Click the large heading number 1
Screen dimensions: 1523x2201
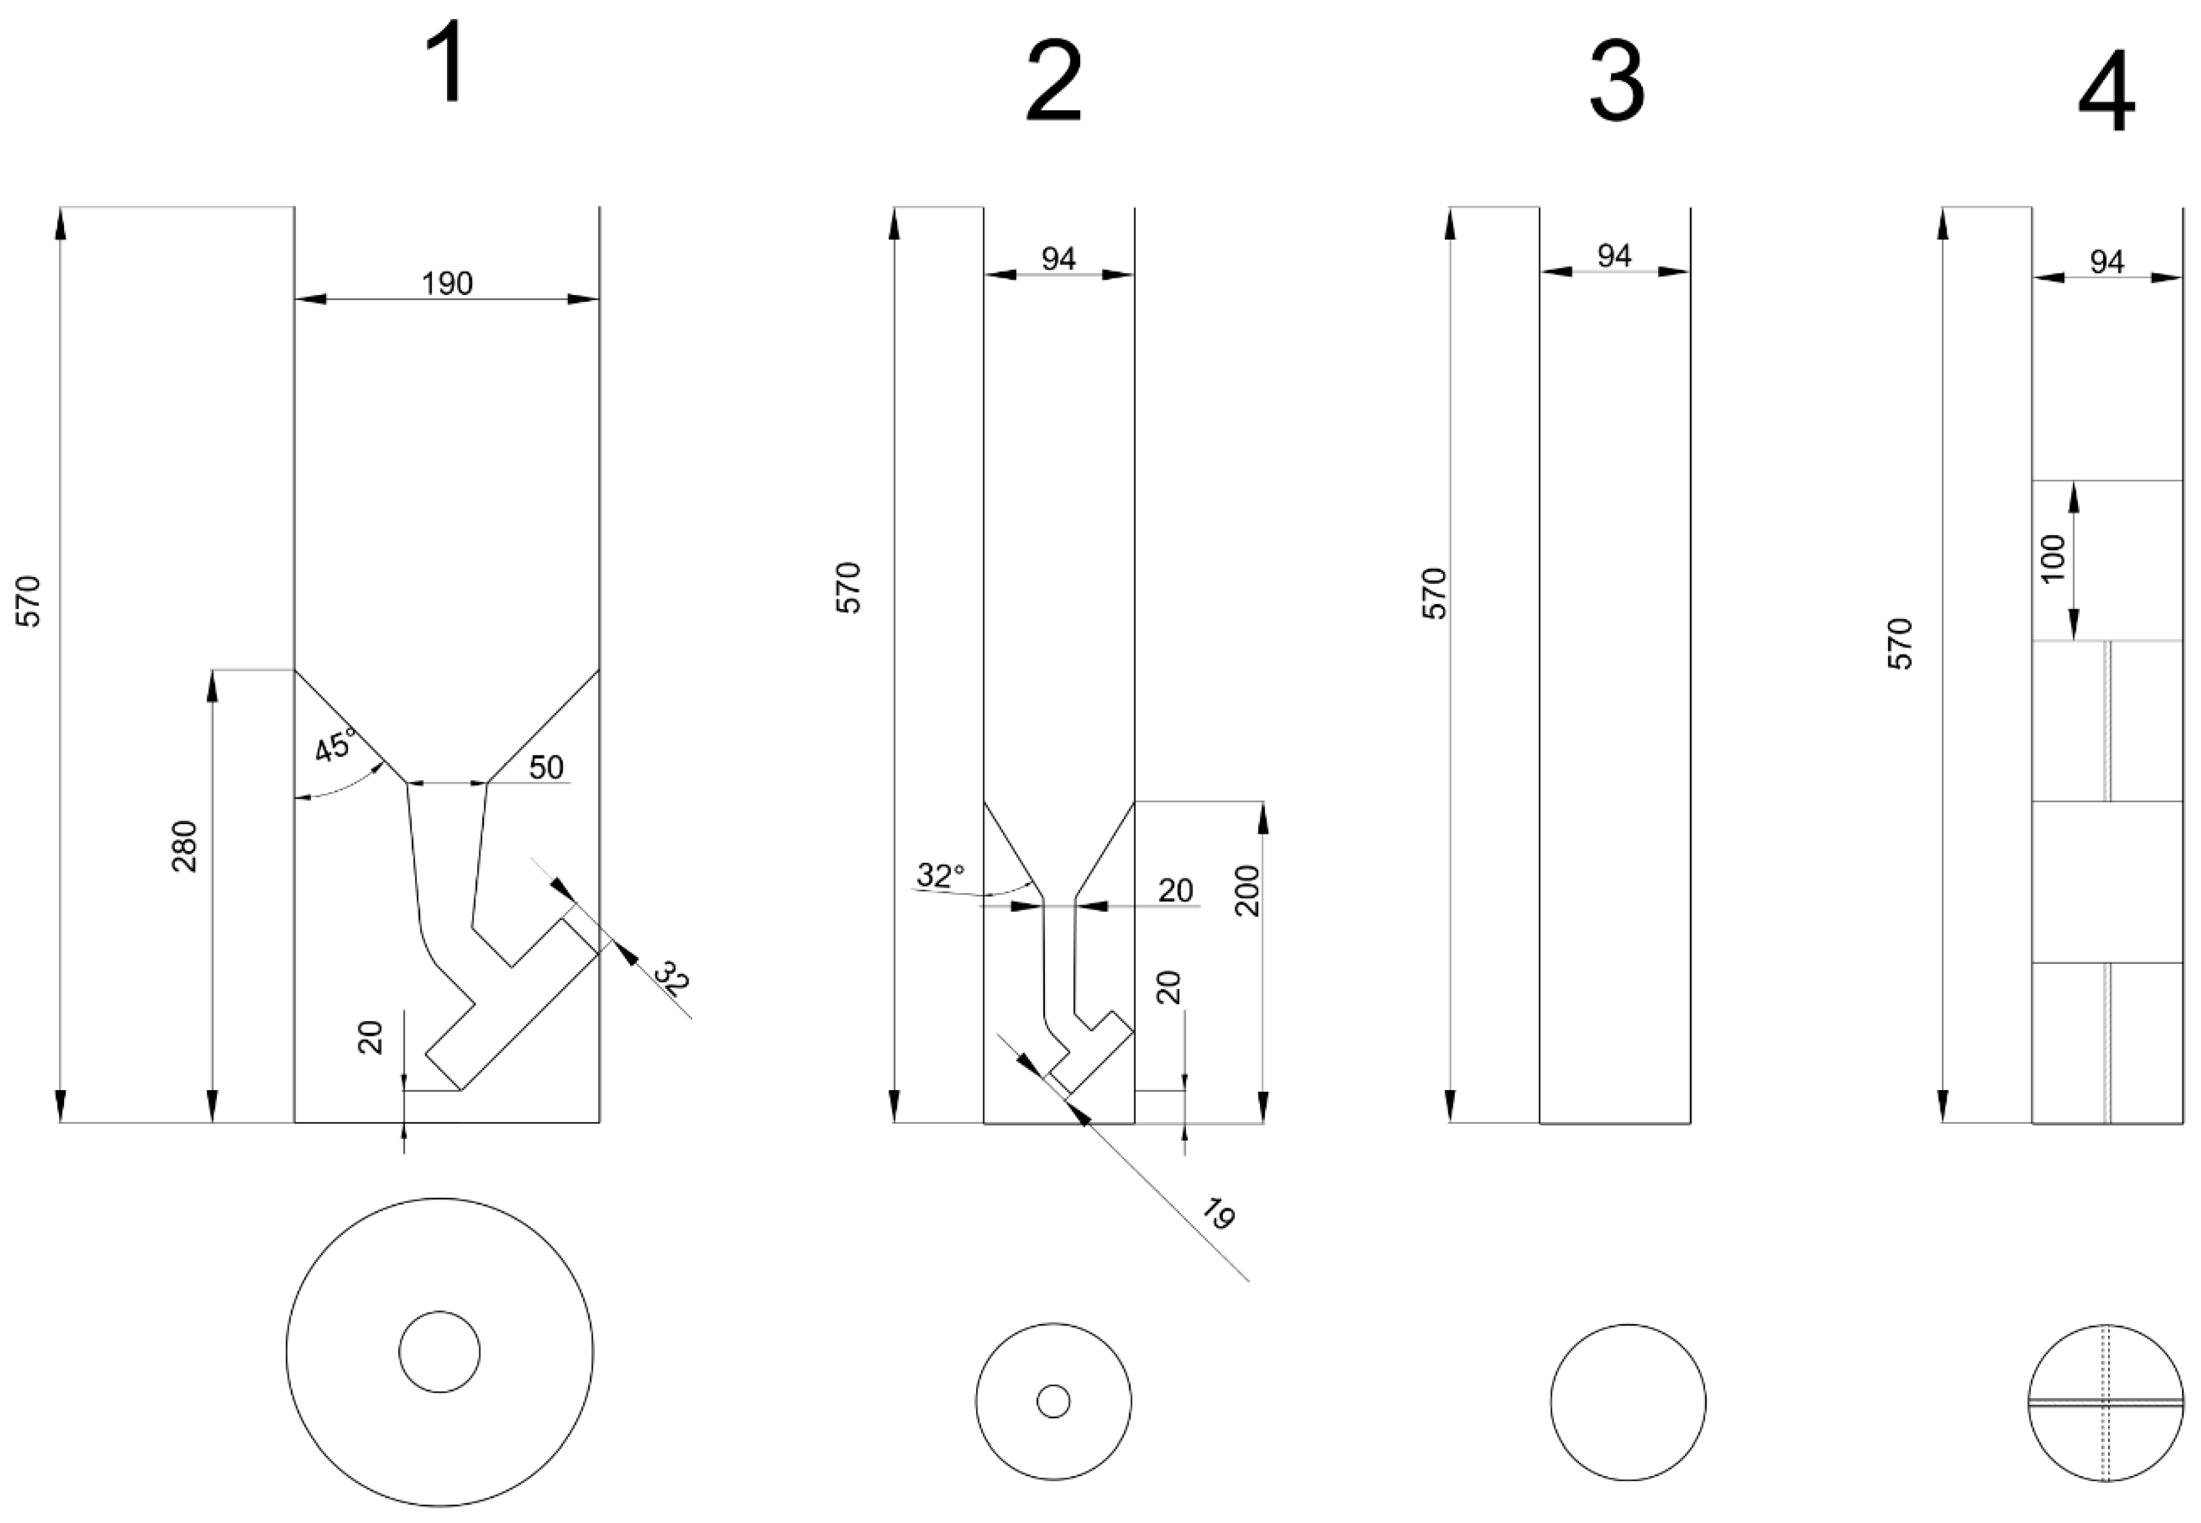(x=445, y=64)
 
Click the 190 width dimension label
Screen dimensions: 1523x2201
(x=448, y=283)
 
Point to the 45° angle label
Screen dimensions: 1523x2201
(x=336, y=745)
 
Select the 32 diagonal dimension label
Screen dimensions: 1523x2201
(x=672, y=980)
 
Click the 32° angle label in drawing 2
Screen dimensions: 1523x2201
(x=941, y=875)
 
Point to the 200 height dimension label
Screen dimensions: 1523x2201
(x=1247, y=891)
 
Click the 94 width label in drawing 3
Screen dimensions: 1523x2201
(x=1614, y=256)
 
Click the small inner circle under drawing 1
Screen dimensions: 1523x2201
(x=439, y=1352)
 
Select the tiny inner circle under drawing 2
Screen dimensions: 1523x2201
(x=1053, y=1402)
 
